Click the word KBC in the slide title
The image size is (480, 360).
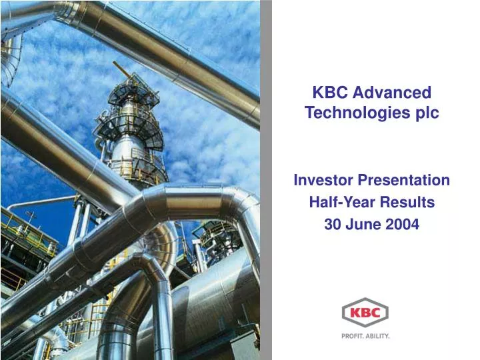click(x=329, y=93)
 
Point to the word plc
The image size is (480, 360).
click(x=425, y=113)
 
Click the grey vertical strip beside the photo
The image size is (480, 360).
click(x=265, y=180)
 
